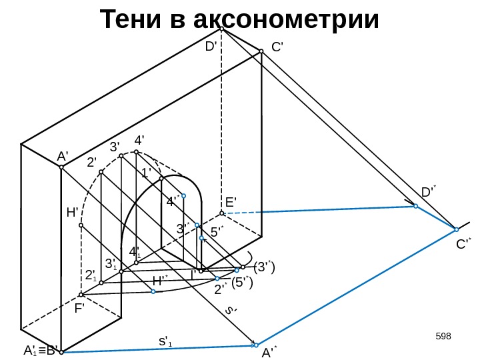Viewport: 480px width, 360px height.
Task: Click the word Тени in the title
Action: coord(131,20)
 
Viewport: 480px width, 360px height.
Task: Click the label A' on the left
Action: coord(63,156)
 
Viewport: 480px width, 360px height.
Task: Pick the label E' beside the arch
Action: coord(231,202)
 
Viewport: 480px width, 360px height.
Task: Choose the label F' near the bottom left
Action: coord(80,309)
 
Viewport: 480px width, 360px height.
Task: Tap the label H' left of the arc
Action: coord(73,213)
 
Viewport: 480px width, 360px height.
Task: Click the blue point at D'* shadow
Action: coord(415,207)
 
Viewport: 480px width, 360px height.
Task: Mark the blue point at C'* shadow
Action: coord(455,229)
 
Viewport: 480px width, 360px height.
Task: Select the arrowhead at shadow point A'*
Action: coord(255,345)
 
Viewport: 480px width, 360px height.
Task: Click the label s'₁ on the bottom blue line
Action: coord(165,342)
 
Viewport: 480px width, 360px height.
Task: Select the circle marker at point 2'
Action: coord(101,172)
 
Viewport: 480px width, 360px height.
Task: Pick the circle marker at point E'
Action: coord(222,213)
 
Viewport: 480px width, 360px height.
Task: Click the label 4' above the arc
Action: coord(139,141)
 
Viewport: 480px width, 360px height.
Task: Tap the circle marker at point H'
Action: coord(81,225)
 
